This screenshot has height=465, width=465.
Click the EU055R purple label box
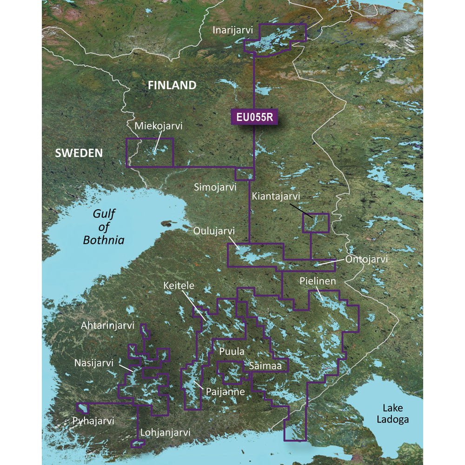254,118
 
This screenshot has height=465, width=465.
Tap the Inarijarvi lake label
232,30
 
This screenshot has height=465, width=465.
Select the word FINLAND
172,85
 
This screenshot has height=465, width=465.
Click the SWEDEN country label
79,153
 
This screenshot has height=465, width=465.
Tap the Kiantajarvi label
276,197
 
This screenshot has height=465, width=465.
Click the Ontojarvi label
366,259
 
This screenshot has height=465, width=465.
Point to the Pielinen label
318,281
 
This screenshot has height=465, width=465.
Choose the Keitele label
179,285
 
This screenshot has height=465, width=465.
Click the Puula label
229,352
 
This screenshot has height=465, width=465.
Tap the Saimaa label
265,366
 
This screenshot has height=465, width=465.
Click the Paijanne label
225,392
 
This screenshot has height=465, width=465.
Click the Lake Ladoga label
396,413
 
